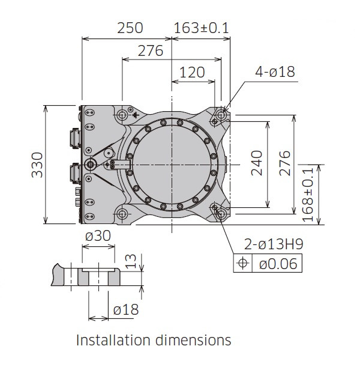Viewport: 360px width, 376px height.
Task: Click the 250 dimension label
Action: click(x=130, y=28)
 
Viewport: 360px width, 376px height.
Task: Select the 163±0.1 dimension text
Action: click(x=201, y=28)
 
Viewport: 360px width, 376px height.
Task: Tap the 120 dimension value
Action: click(x=192, y=73)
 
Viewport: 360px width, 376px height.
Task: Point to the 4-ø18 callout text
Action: click(x=275, y=71)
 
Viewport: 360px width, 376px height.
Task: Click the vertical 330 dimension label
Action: click(x=37, y=165)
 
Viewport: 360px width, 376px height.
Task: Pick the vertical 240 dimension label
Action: click(x=257, y=163)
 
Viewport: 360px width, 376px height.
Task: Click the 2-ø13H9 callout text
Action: click(x=274, y=244)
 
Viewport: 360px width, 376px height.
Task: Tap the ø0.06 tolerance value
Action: click(x=278, y=264)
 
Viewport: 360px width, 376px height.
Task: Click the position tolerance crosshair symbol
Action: click(x=242, y=263)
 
